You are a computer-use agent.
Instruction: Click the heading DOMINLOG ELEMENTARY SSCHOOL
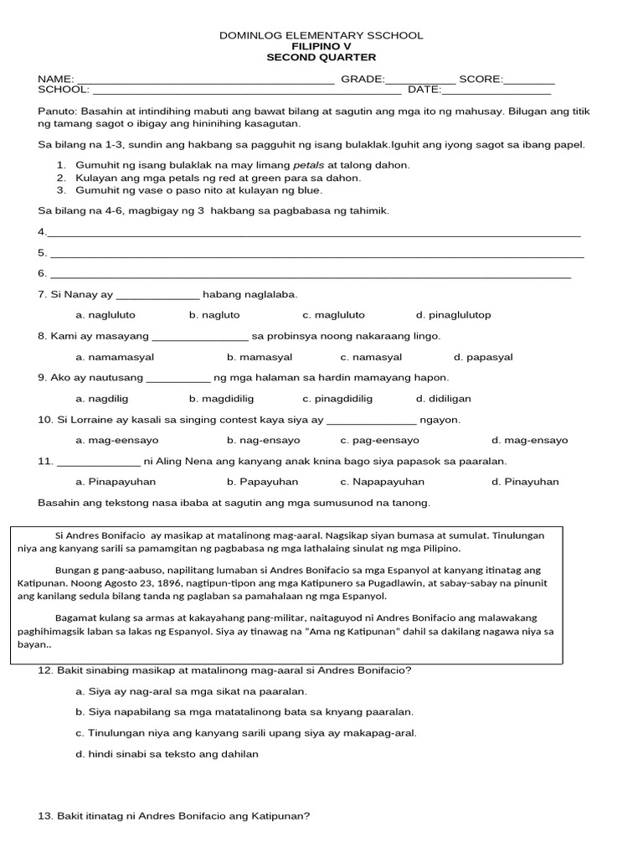pos(321,35)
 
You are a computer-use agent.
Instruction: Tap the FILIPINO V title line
pos(321,46)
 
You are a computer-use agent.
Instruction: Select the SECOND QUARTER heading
pos(321,57)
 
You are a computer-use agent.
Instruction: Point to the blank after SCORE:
pos(529,80)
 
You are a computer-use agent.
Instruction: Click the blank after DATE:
pos(484,90)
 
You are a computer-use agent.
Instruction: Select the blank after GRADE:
pos(420,80)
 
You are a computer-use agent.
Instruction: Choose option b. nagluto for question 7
pos(214,315)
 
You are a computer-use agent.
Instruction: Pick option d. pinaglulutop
pos(453,315)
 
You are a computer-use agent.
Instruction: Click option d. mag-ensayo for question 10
pos(529,440)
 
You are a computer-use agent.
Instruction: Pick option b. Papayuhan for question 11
pos(262,482)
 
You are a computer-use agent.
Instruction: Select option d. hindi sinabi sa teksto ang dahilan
pos(167,753)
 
